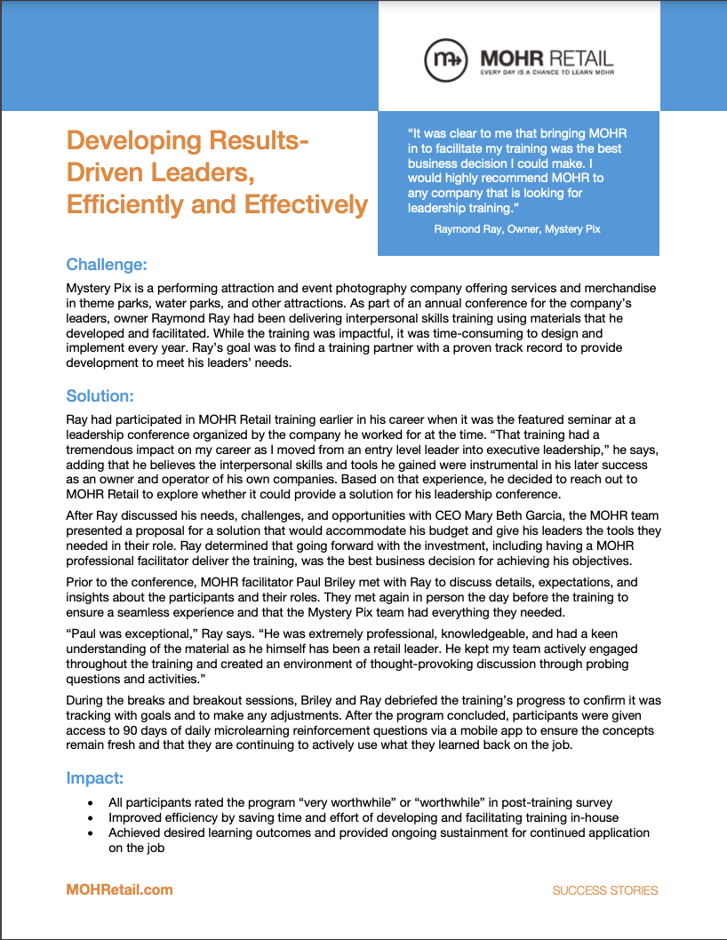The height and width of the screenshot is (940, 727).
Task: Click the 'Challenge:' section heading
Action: (107, 265)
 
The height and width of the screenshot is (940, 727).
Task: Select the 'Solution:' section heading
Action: (100, 396)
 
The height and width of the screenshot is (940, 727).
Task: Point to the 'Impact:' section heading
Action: (94, 778)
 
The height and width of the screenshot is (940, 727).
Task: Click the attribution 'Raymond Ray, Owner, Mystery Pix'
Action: (517, 229)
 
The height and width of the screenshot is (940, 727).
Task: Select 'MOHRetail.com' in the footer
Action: (119, 889)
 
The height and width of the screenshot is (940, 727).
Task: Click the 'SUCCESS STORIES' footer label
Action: (605, 890)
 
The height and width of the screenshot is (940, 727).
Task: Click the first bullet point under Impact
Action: (91, 803)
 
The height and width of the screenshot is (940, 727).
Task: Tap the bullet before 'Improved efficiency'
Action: (91, 818)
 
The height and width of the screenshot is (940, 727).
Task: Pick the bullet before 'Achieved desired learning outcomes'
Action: (91, 833)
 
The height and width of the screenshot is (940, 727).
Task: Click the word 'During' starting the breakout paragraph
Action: (86, 701)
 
